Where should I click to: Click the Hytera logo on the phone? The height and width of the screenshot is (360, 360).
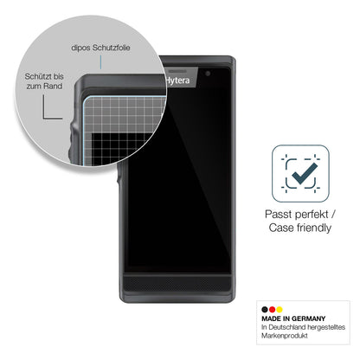(x=177, y=80)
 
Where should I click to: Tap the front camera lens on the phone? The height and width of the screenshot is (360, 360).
(x=208, y=74)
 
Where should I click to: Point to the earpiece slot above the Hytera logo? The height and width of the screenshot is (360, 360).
(x=178, y=71)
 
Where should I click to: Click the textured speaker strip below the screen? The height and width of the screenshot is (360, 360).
(x=177, y=284)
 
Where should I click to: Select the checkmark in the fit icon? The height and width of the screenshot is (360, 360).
(x=304, y=174)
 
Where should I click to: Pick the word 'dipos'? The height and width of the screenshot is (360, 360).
(x=80, y=48)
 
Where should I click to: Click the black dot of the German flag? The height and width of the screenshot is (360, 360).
(x=265, y=310)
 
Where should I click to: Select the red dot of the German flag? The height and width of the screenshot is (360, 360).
(x=272, y=310)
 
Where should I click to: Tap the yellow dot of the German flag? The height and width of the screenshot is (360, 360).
(x=279, y=310)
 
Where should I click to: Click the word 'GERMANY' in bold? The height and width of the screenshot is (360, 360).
(x=308, y=318)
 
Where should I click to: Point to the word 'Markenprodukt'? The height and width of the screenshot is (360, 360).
(x=285, y=336)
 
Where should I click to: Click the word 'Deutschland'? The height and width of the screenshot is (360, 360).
(x=287, y=327)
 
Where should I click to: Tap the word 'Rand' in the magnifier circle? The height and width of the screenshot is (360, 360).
(x=53, y=87)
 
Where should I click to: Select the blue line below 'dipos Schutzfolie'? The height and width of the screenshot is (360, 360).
(x=100, y=62)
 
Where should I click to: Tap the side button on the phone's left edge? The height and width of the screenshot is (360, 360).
(x=119, y=177)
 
